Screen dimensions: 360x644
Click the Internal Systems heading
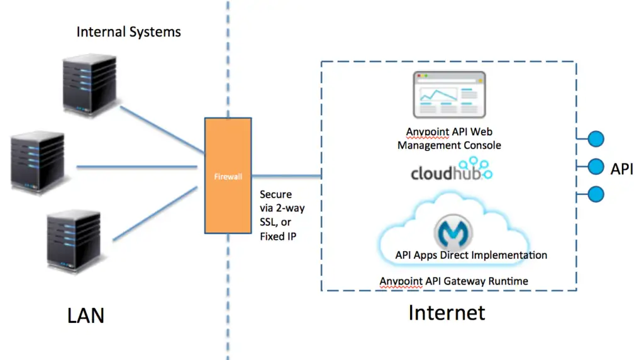pyautogui.click(x=129, y=31)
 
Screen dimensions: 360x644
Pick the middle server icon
pyautogui.click(x=38, y=162)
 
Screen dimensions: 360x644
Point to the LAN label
pyautogui.click(x=86, y=315)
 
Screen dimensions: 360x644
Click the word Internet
pyautogui.click(x=447, y=312)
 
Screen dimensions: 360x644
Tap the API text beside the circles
pyautogui.click(x=621, y=168)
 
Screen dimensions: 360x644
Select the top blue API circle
pyautogui.click(x=595, y=138)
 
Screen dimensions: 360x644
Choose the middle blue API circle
pyautogui.click(x=595, y=167)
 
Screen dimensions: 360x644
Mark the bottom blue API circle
pyautogui.click(x=595, y=194)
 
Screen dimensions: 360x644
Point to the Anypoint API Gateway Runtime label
pyautogui.click(x=453, y=281)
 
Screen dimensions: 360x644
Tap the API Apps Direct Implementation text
pyautogui.click(x=471, y=255)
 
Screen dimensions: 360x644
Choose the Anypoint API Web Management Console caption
pyautogui.click(x=449, y=138)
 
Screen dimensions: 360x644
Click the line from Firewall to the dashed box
pyautogui.click(x=287, y=175)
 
